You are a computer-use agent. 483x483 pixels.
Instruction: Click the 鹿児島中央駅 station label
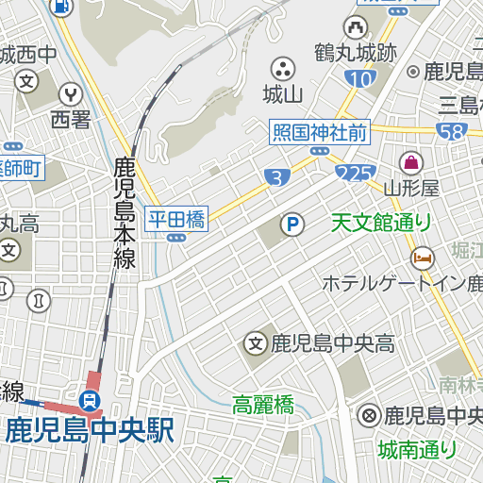pyautogui.click(x=90, y=431)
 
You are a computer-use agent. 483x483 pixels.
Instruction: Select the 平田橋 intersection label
pyautogui.click(x=175, y=220)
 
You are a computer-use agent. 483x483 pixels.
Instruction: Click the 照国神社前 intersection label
pyautogui.click(x=319, y=133)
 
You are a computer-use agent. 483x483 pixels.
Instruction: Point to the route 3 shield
pyautogui.click(x=275, y=176)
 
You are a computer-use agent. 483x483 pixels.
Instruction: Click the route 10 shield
pyautogui.click(x=359, y=80)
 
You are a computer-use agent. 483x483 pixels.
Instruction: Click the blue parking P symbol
pyautogui.click(x=293, y=225)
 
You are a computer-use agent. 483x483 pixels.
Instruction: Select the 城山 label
pyautogui.click(x=282, y=93)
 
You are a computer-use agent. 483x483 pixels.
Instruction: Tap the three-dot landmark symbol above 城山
pyautogui.click(x=282, y=68)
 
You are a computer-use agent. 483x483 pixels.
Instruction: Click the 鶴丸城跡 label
pyautogui.click(x=357, y=52)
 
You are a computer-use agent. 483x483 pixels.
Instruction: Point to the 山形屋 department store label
pyautogui.click(x=411, y=187)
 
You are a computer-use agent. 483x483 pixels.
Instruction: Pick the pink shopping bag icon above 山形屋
pyautogui.click(x=411, y=161)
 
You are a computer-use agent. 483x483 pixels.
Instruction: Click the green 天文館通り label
pyautogui.click(x=381, y=223)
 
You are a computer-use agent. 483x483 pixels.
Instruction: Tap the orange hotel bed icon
pyautogui.click(x=422, y=256)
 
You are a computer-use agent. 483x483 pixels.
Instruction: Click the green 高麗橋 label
pyautogui.click(x=263, y=406)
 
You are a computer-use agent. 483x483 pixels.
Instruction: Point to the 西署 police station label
pyautogui.click(x=71, y=119)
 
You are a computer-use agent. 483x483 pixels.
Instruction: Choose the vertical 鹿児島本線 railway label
pyautogui.click(x=125, y=213)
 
